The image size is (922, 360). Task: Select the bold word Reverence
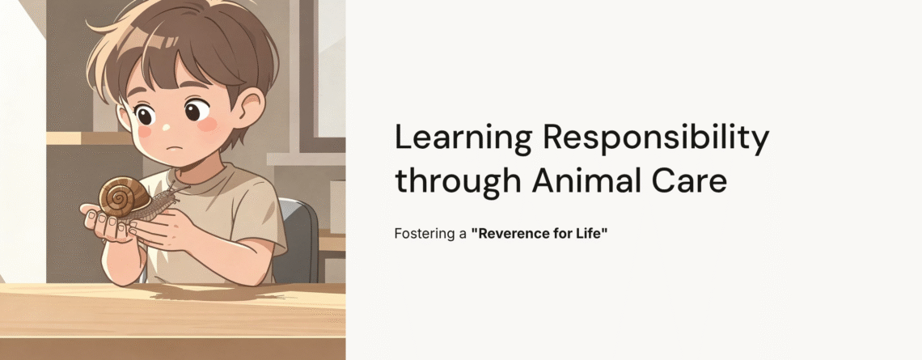508,234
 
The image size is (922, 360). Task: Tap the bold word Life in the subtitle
589,234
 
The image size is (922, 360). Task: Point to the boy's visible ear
251,109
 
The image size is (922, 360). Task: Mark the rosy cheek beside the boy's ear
209,125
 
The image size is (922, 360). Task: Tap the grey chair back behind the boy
300,235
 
